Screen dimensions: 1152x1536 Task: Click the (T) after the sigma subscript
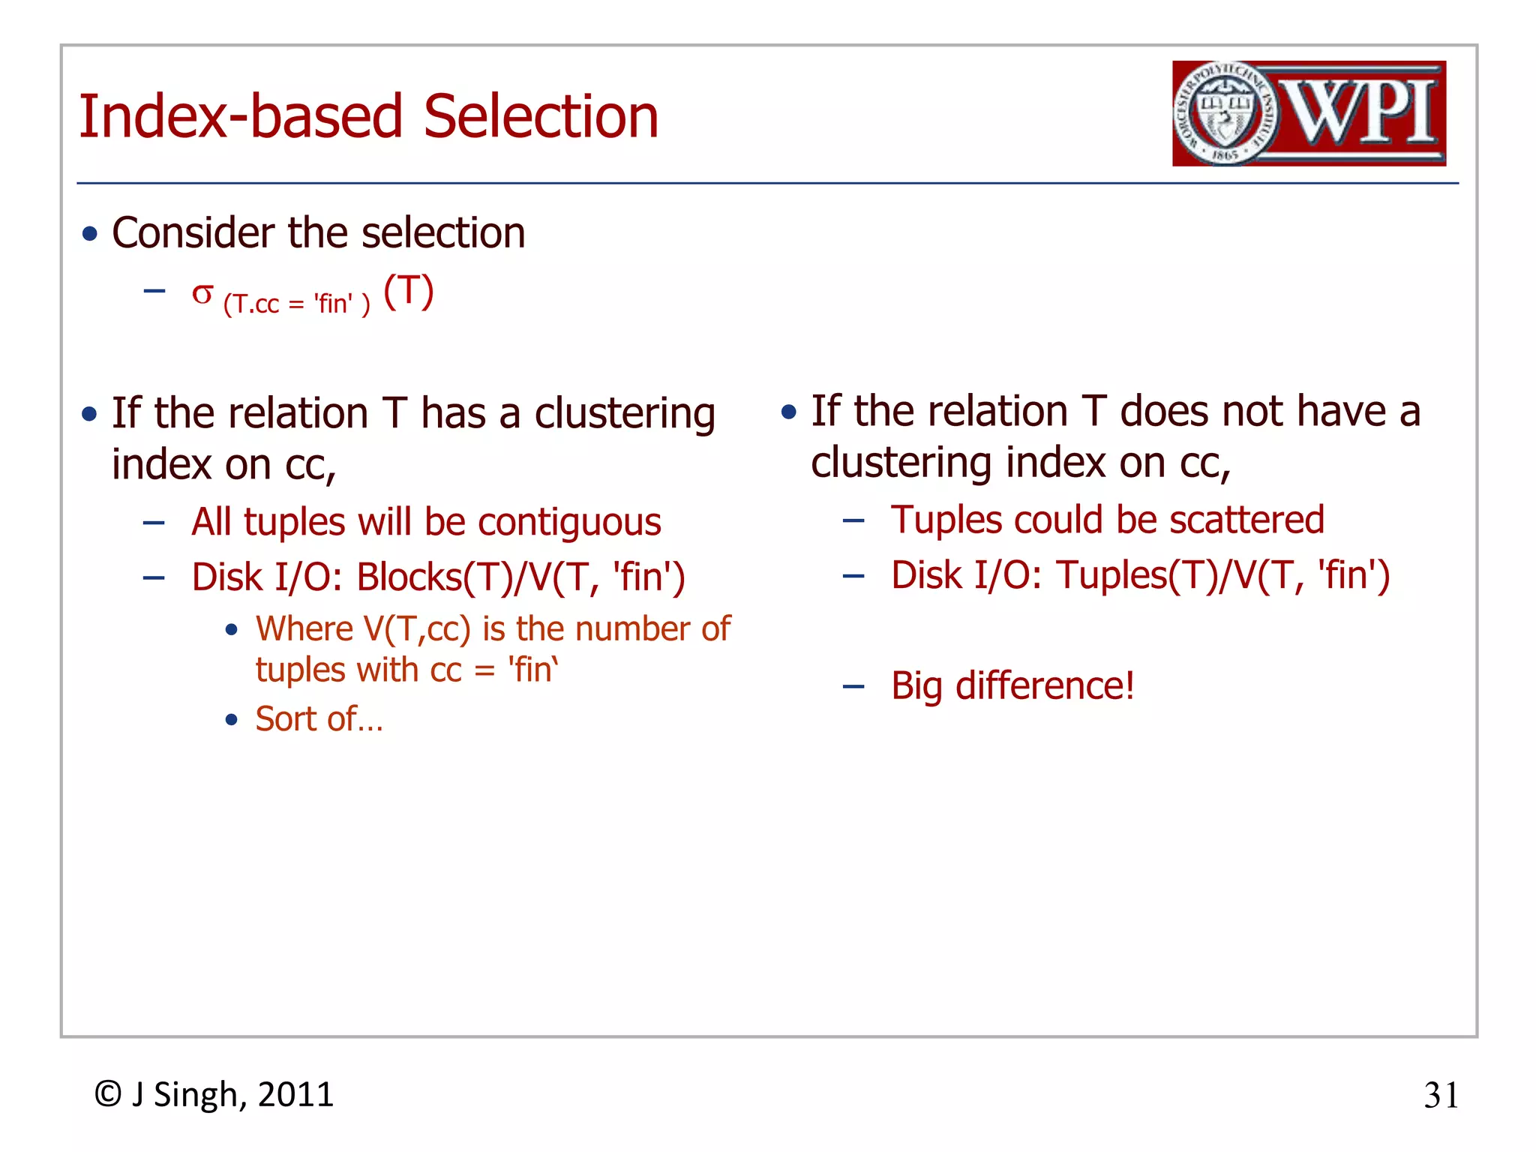[x=409, y=291]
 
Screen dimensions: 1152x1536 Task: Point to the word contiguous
[x=569, y=523]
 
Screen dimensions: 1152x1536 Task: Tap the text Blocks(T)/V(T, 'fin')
[x=520, y=577]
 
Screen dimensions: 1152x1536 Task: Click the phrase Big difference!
[x=1012, y=685]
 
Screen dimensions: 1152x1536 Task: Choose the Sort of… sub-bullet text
[x=319, y=718]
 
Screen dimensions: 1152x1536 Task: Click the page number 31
[x=1441, y=1096]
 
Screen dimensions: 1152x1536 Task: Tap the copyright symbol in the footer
[x=108, y=1094]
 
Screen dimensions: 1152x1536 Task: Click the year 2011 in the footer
[x=295, y=1094]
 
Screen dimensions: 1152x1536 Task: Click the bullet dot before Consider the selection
[x=90, y=234]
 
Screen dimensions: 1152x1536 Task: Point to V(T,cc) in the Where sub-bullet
[x=417, y=628]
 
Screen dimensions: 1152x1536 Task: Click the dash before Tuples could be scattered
[x=853, y=520]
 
